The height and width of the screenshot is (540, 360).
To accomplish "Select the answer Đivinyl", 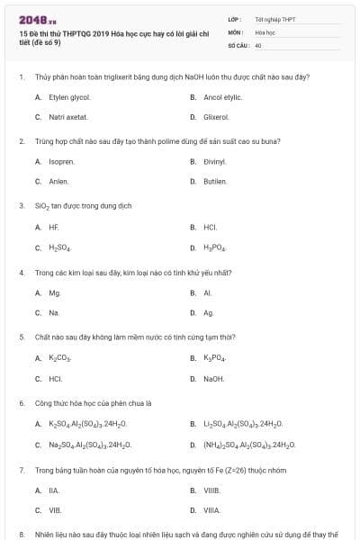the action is point(214,161).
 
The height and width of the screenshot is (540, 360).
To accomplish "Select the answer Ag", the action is point(209,312).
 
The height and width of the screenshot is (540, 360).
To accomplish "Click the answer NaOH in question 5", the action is point(214,378).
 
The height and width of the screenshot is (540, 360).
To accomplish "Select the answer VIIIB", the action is point(211,490).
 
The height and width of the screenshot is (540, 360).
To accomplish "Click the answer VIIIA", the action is point(211,509).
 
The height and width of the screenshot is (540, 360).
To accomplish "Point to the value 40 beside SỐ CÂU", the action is point(258,44).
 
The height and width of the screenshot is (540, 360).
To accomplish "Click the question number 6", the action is point(22,403).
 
